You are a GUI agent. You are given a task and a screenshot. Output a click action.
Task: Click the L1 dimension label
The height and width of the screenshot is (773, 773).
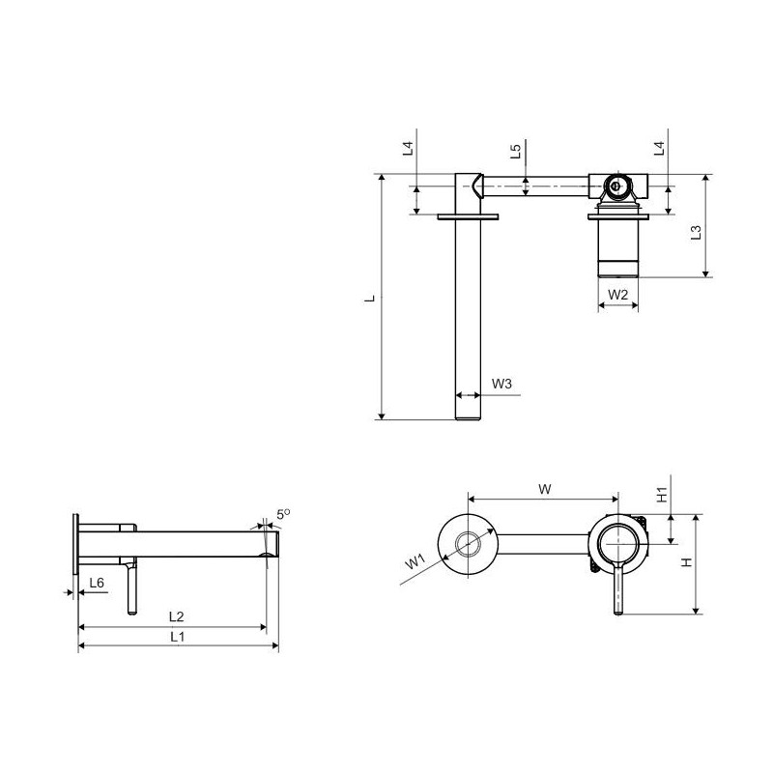pyautogui.click(x=178, y=637)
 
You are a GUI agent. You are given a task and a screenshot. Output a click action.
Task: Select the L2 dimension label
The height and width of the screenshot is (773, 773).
pyautogui.click(x=177, y=616)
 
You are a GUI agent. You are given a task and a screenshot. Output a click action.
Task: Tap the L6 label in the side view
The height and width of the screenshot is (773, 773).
pyautogui.click(x=97, y=583)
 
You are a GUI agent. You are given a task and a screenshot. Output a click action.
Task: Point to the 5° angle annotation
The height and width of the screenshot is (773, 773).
pyautogui.click(x=283, y=514)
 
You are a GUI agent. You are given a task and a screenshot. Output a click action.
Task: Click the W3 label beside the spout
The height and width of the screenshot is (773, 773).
pyautogui.click(x=501, y=383)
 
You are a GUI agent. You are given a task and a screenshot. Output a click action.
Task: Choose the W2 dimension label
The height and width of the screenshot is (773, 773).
pyautogui.click(x=617, y=295)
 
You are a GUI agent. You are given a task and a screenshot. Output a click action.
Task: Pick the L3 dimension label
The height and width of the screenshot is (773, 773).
pyautogui.click(x=696, y=232)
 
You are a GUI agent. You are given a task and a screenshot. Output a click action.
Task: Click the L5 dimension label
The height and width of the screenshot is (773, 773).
pyautogui.click(x=515, y=151)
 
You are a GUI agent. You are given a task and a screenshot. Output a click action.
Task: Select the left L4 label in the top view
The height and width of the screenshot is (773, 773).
pyautogui.click(x=407, y=148)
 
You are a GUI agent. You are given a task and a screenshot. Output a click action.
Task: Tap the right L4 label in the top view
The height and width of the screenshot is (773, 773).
pyautogui.click(x=659, y=148)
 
